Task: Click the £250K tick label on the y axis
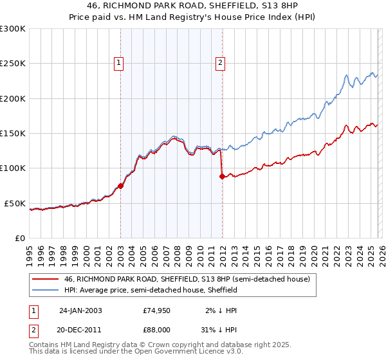tap(13, 64)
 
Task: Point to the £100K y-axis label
tap(13, 168)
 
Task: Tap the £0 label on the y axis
tap(20, 238)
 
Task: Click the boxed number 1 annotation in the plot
tap(120, 62)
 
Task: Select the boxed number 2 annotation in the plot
tap(221, 62)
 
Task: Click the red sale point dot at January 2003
tap(120, 186)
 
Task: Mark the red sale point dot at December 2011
tap(222, 176)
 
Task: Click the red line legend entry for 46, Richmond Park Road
tap(187, 280)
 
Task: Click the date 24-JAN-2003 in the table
tap(80, 310)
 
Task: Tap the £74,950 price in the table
tap(157, 310)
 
